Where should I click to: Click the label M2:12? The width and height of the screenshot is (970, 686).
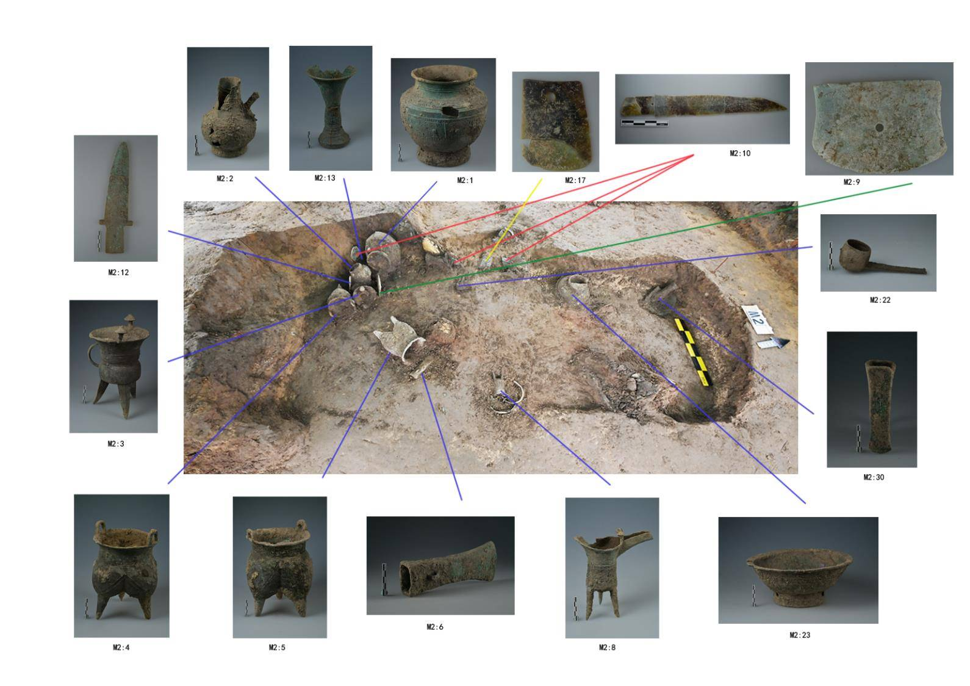click(118, 273)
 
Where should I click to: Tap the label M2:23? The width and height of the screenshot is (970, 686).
click(799, 635)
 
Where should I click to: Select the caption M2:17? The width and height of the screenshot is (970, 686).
click(575, 180)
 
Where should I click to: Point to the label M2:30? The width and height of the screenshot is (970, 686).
click(874, 477)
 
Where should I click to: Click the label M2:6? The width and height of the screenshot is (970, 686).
click(435, 627)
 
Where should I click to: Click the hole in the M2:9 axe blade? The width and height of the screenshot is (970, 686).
click(879, 128)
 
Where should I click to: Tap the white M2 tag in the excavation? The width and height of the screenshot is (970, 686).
click(756, 319)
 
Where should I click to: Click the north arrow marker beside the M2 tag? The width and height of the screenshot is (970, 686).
click(773, 343)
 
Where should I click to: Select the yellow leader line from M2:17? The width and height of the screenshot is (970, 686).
click(514, 219)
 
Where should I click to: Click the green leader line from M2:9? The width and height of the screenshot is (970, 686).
click(645, 239)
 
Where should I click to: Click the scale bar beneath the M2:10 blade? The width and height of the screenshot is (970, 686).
click(644, 123)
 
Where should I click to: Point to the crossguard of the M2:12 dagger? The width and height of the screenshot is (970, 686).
click(116, 223)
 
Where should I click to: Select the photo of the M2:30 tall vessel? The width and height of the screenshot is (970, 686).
click(872, 400)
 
